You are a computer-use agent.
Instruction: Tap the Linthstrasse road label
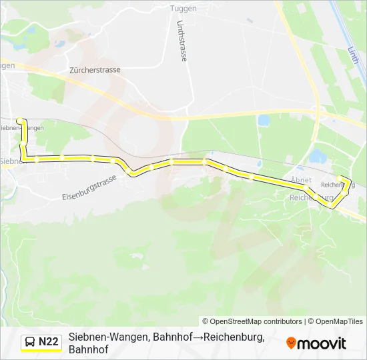pos(181,41)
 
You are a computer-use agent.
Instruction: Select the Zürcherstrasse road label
pos(94,69)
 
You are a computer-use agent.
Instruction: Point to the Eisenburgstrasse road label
pos(89,188)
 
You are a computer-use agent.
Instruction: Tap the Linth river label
pos(353,55)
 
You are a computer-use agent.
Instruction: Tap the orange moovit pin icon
pos(291,343)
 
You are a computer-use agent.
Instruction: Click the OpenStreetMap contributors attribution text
pos(253,321)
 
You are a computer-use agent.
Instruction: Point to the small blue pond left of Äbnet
pos(263,121)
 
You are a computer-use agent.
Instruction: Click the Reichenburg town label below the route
pos(311,198)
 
